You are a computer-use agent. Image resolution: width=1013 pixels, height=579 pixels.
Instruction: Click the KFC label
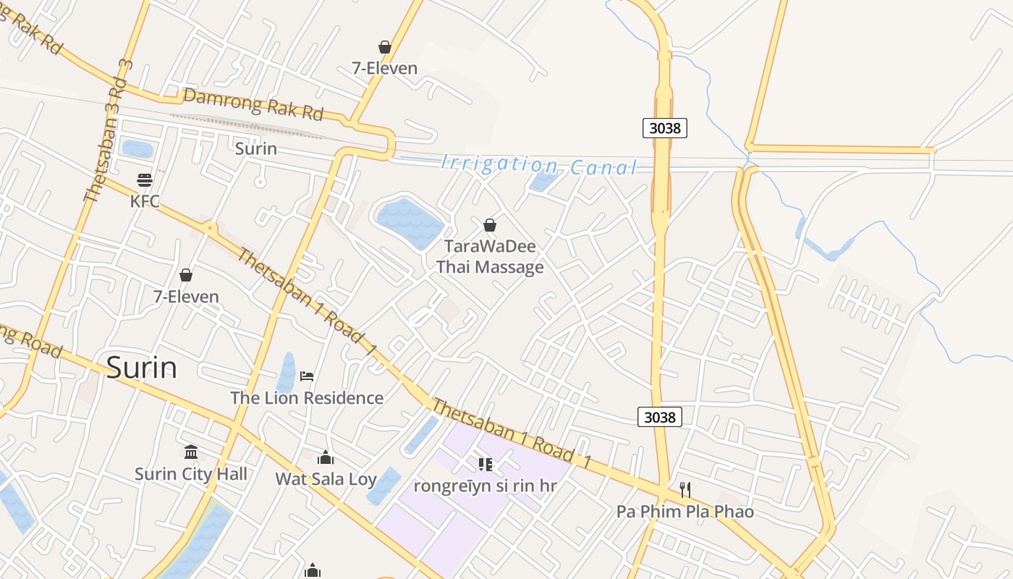(145, 201)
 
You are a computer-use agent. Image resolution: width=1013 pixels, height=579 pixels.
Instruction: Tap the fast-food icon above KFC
(145, 179)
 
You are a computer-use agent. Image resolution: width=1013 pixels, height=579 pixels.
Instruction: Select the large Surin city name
(142, 368)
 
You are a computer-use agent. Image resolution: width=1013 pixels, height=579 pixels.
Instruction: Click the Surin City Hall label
(191, 474)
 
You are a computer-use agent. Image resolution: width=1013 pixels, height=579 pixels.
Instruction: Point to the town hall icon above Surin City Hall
(191, 452)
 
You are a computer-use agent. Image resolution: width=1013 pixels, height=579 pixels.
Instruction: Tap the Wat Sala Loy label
(326, 478)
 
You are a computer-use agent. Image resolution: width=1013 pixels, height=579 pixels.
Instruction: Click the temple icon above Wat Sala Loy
(326, 457)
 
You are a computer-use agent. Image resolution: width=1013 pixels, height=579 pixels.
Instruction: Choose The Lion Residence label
(307, 397)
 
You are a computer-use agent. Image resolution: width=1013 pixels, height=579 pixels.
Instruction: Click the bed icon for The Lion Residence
(307, 376)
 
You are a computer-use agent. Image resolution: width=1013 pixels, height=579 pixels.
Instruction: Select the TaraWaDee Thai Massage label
(490, 256)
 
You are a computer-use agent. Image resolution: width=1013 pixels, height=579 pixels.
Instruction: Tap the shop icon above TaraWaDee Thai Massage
(490, 225)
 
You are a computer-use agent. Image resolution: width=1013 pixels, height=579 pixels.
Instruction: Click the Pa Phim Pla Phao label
(685, 512)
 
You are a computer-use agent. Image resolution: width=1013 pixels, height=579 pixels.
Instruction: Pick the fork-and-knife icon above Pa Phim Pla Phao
(685, 490)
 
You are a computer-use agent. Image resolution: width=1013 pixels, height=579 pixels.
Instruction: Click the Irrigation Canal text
(539, 166)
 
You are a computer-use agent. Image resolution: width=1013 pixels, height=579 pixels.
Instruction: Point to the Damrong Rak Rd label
(253, 104)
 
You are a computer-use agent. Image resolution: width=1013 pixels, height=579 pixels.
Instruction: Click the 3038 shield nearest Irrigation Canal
(664, 128)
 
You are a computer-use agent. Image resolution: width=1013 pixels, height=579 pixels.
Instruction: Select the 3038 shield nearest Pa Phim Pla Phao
(660, 417)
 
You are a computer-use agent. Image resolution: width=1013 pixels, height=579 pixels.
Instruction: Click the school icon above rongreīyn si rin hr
(485, 464)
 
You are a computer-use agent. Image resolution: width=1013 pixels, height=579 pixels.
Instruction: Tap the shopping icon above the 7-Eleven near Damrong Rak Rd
(385, 47)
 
